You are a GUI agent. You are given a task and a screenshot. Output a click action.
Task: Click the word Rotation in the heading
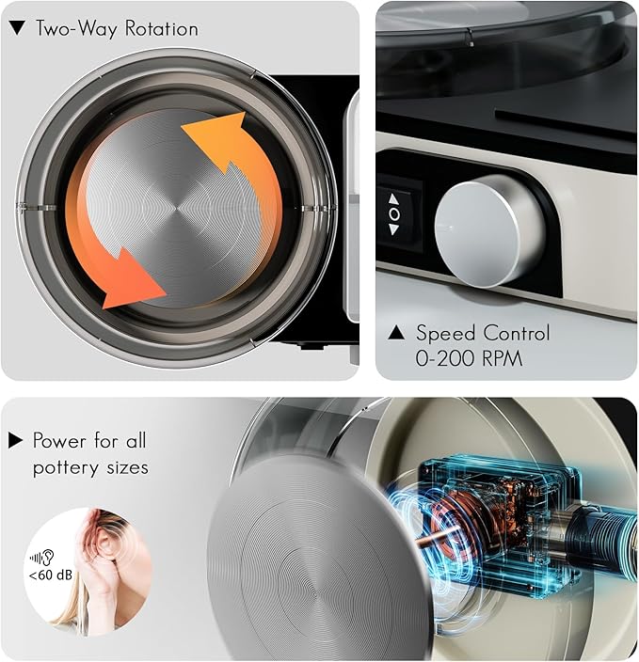click(162, 29)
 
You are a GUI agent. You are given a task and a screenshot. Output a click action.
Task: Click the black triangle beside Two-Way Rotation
click(17, 28)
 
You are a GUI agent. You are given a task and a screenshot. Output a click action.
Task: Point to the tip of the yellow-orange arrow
click(244, 113)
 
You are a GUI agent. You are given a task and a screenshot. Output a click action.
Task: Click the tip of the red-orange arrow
click(166, 292)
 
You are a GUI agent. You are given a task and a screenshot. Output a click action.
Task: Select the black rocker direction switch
click(399, 214)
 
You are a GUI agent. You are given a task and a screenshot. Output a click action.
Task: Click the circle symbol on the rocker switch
click(394, 214)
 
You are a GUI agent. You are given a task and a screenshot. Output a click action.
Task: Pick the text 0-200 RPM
click(469, 358)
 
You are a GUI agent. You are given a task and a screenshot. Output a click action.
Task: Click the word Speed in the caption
click(446, 334)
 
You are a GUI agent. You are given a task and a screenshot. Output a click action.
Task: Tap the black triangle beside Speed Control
click(396, 332)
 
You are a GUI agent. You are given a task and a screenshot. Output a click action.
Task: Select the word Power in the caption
click(59, 441)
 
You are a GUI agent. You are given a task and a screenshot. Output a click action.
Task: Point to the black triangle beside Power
click(15, 440)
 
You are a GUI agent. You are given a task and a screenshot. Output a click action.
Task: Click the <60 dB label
click(50, 575)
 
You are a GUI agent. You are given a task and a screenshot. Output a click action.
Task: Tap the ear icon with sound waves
click(41, 558)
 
